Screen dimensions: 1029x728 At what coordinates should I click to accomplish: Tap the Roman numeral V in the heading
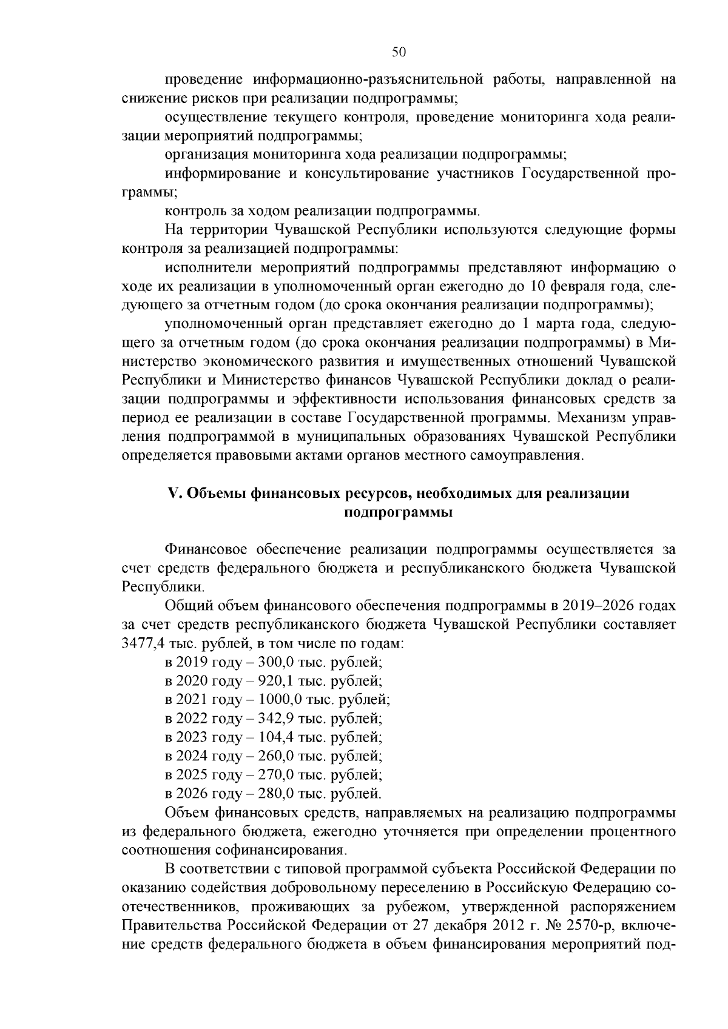[x=171, y=494]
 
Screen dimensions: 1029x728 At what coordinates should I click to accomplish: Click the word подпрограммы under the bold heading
[x=399, y=512]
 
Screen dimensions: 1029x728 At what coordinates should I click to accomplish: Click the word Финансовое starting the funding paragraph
[x=206, y=549]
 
